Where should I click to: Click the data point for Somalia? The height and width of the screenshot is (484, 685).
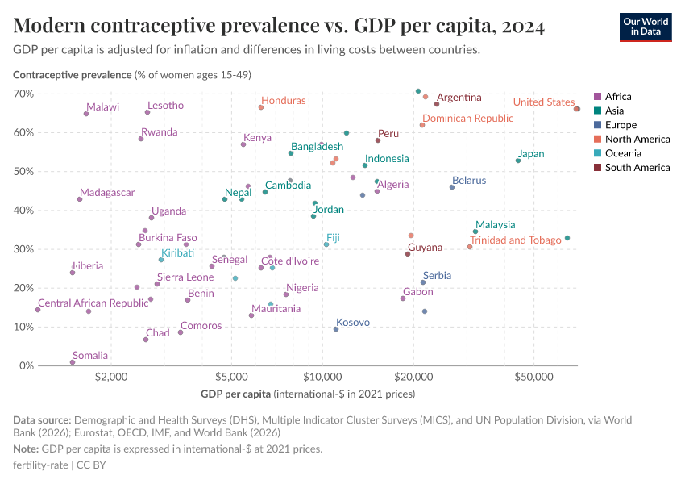coord(73,362)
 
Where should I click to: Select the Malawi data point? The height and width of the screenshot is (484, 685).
coord(86,114)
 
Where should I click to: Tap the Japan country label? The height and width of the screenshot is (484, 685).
coord(531,154)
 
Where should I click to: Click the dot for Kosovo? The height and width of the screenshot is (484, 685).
coord(336,329)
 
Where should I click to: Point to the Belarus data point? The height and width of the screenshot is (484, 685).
coord(452,187)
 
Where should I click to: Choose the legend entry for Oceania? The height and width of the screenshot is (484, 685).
coord(617,153)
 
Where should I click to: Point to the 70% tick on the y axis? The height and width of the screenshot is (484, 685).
coord(23,94)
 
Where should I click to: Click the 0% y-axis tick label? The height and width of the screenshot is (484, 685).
coord(26,365)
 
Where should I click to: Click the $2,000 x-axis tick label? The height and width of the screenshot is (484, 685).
coord(111,377)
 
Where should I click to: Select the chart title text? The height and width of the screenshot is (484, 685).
coord(279,26)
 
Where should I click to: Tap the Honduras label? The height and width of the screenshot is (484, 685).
coord(284,101)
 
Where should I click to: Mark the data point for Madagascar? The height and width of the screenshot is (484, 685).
coord(80,199)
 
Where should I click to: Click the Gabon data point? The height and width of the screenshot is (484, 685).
coord(403,299)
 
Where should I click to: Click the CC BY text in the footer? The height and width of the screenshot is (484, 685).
coord(91,465)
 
